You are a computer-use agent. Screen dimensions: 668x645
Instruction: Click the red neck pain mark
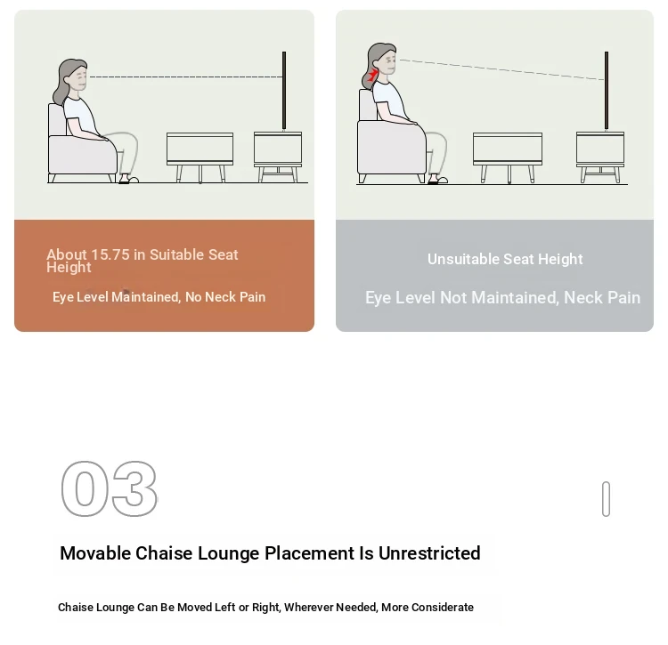372,76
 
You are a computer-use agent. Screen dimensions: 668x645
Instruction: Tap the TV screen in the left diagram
284,91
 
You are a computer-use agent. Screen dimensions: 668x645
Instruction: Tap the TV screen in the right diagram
607,91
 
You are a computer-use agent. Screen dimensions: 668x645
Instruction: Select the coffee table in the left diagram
200,157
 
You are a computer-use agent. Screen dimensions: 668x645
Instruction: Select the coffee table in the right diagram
508,157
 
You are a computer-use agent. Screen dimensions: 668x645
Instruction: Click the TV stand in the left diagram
278,157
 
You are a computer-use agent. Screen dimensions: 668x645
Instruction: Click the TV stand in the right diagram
599,157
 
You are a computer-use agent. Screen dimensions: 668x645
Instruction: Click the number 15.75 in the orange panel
110,254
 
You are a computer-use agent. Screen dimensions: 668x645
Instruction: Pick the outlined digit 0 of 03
85,488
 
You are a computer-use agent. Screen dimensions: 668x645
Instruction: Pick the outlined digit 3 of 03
134,488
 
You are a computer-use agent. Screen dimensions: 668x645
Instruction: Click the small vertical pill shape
606,499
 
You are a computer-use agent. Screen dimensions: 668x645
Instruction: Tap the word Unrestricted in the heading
429,553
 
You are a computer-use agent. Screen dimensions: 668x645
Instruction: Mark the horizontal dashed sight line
186,77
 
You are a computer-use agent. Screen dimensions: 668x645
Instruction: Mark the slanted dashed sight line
501,69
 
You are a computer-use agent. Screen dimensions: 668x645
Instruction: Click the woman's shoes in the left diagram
128,179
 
